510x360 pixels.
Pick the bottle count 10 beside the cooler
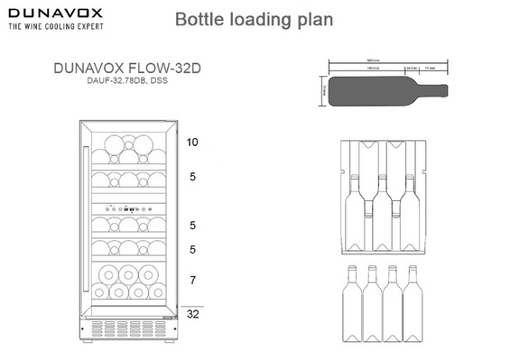pos(192,143)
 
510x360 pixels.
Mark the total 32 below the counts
pos(192,314)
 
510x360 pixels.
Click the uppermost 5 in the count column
pos(192,177)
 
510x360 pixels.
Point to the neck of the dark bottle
pos(432,91)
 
